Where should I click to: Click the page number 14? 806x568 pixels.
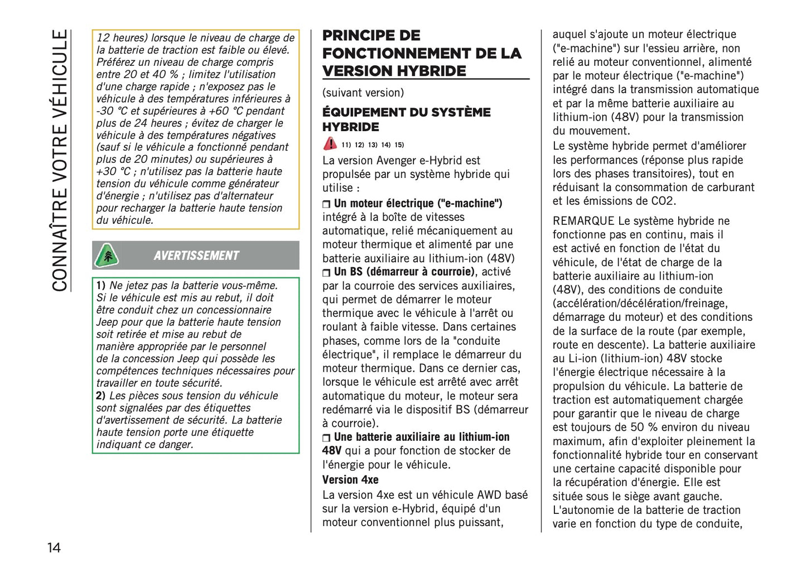54,547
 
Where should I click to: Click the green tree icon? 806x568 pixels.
106,256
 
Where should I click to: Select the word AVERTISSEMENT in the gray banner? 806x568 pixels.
196,256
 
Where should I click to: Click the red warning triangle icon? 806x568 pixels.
330,144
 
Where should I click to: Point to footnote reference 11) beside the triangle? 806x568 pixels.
346,145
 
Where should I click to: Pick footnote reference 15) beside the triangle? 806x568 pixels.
399,145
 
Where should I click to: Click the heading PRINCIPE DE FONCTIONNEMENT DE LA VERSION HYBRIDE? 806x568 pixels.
421,54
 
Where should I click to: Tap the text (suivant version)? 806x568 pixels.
363,93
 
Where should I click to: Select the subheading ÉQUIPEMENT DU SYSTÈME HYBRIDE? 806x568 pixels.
406,119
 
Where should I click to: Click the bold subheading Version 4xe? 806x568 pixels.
350,480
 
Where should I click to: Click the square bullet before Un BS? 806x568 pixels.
326,273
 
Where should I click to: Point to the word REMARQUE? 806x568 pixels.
583,221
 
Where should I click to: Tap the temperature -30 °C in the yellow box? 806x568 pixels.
112,111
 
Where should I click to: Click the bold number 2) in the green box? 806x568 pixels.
100,396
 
